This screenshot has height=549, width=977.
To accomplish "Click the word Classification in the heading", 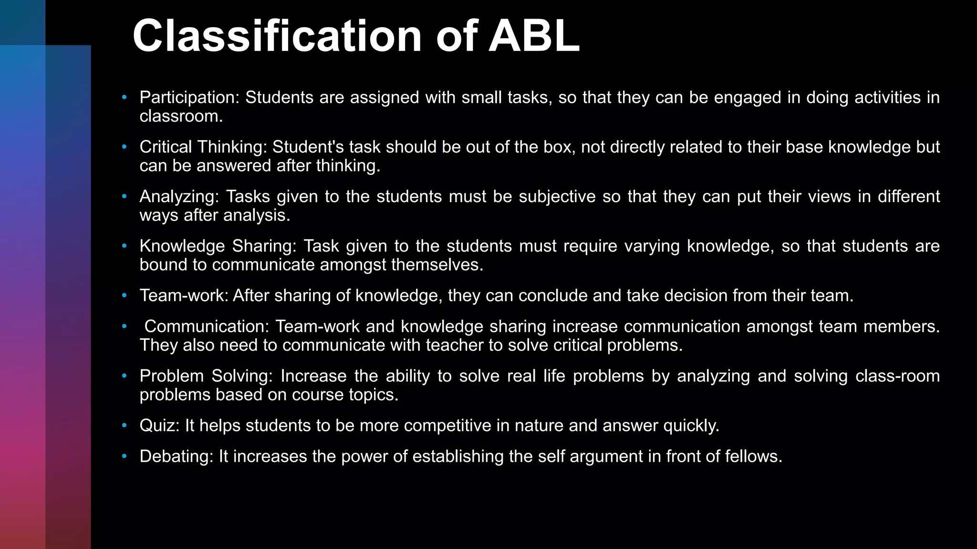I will click(277, 36).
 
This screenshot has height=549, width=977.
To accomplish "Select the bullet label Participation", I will click(189, 98).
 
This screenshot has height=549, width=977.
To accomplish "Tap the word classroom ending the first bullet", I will click(181, 116).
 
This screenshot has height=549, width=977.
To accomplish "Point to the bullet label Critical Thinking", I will click(203, 147).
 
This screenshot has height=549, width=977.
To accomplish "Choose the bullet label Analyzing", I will click(179, 197).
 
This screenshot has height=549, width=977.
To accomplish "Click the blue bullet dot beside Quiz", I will click(125, 426).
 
